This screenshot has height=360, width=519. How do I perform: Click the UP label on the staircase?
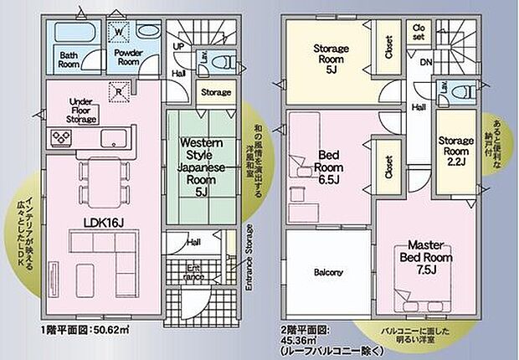point(178,47)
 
